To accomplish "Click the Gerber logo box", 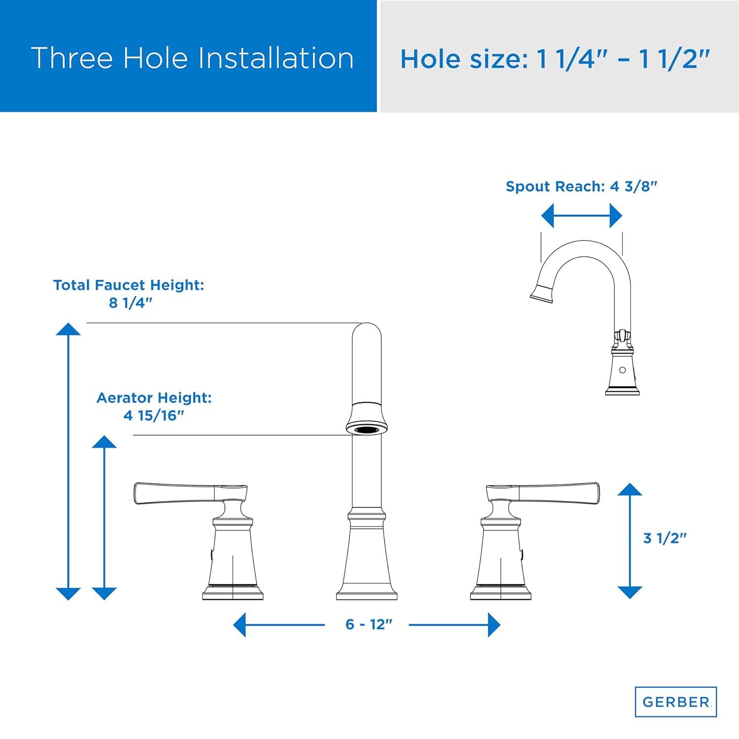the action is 675,702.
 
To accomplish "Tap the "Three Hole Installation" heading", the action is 193,58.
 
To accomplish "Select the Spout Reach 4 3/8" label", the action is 582,186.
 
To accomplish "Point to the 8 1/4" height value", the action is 129,302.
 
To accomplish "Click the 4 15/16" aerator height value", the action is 154,415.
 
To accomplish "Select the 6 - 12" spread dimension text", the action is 369,624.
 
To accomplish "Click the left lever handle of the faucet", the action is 190,494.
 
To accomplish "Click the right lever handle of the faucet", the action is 543,494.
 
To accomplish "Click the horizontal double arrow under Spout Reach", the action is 582,216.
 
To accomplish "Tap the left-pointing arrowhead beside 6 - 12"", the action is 239,625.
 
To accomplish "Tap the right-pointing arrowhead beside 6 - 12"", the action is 494,625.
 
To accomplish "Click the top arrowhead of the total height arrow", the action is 68,329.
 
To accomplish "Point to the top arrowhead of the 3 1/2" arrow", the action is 630,489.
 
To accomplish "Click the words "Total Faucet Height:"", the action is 129,285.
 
